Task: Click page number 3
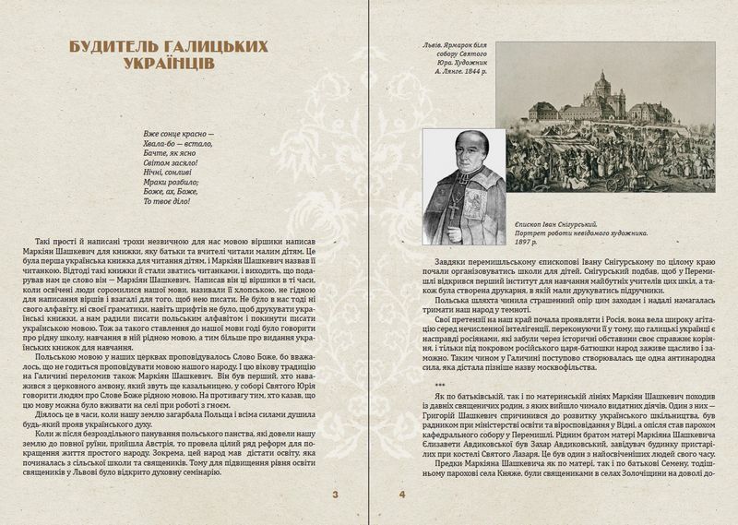coord(336,499)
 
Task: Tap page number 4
coord(401,499)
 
